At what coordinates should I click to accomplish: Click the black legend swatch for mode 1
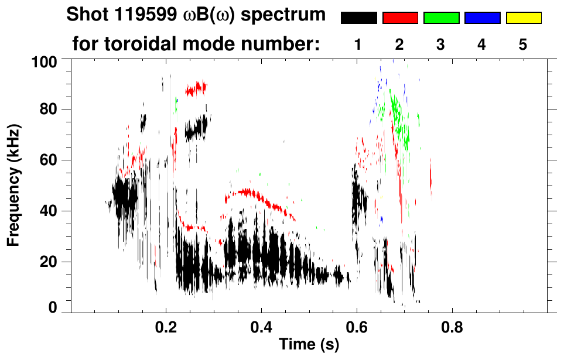(x=358, y=18)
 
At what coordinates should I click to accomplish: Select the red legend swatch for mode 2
(x=400, y=18)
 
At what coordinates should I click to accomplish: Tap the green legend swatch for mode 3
(x=441, y=18)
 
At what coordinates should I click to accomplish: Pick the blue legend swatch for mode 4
(x=482, y=18)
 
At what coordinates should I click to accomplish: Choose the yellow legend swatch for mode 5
(x=524, y=18)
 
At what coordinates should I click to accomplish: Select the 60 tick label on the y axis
(x=48, y=160)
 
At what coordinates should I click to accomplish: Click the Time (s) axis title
(x=309, y=345)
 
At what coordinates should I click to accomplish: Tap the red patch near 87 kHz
(x=197, y=88)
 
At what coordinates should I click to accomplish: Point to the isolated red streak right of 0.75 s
(x=431, y=179)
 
